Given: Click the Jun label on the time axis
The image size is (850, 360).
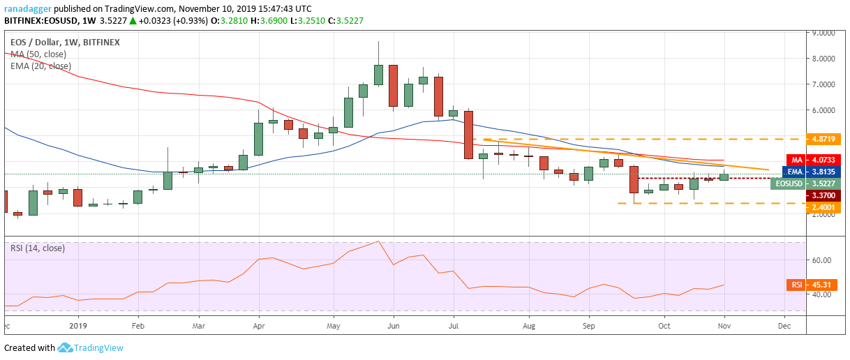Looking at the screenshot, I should click(x=394, y=326).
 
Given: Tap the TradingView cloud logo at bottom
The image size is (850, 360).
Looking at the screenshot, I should click(x=66, y=347).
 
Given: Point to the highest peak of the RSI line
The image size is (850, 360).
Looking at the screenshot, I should click(x=378, y=241).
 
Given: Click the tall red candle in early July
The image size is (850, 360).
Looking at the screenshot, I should click(x=468, y=135).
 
